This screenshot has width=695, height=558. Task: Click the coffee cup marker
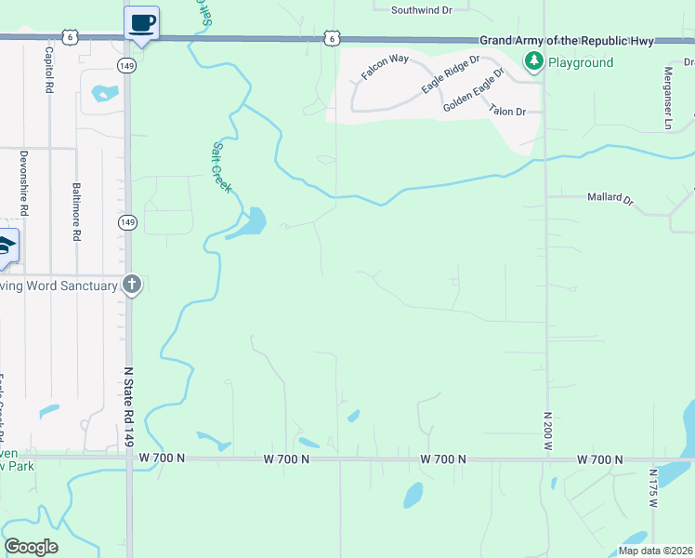141,22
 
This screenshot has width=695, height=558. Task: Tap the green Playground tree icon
533,62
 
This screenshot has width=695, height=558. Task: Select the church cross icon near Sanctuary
132,285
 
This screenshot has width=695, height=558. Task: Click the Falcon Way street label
386,67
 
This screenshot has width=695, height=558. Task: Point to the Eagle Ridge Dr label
450,73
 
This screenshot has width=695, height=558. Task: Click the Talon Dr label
507,111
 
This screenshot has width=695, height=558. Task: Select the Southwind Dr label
421,10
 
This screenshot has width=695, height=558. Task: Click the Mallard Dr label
610,198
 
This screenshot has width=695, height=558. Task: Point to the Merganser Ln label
667,97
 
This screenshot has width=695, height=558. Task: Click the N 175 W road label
653,488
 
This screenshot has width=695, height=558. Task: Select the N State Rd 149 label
129,405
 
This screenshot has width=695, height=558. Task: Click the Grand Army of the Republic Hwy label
567,41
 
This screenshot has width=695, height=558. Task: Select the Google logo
32,547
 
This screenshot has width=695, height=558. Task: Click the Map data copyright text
654,551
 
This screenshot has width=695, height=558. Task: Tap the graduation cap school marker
6,246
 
